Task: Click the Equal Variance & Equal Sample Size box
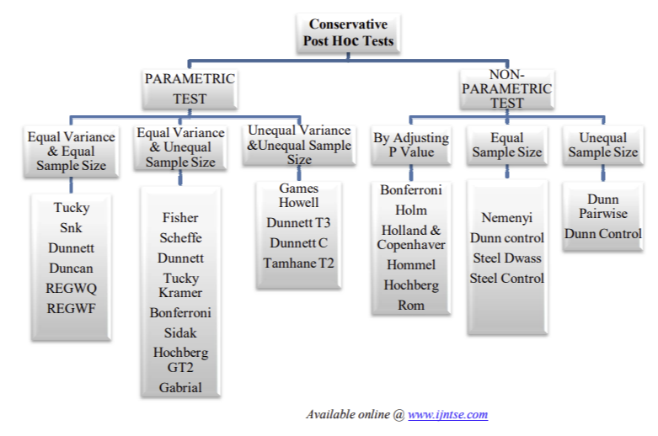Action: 71,152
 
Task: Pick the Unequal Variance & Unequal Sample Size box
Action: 298,145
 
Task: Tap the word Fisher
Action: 180,218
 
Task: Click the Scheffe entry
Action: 180,238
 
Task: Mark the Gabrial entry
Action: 180,388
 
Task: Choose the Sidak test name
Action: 180,333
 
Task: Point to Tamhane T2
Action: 298,263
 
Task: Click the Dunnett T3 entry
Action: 298,223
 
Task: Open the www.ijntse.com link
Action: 447,414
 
